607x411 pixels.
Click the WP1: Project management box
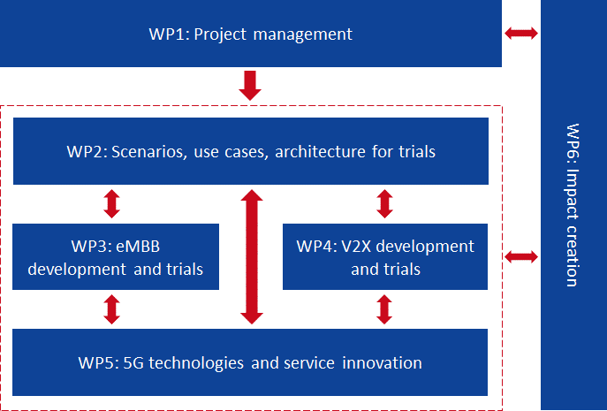[x=251, y=34]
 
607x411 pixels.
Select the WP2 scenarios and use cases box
[x=251, y=151]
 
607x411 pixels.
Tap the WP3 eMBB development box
[x=116, y=256]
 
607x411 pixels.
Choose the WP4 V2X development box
[x=385, y=256]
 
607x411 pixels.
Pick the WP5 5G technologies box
[x=251, y=362]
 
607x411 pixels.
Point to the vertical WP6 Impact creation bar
[x=573, y=205]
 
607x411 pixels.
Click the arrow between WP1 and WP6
[x=521, y=34]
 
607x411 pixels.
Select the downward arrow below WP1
[x=250, y=86]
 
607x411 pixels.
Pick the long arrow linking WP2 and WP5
[x=253, y=256]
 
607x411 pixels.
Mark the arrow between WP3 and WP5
[x=111, y=309]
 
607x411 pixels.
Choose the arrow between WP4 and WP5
[x=384, y=309]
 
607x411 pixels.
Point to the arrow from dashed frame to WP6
[x=521, y=257]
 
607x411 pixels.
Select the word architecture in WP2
[x=317, y=151]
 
